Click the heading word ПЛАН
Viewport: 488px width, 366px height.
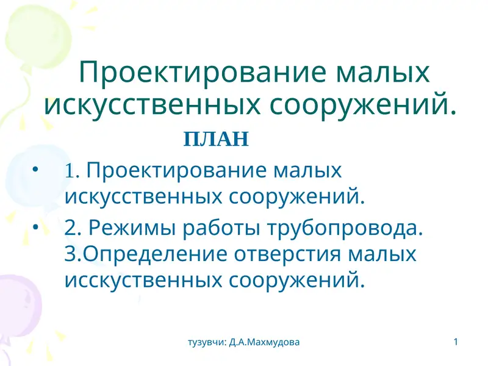click(x=216, y=140)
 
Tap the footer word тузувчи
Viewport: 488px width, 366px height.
click(x=207, y=342)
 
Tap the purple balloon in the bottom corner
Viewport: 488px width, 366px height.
click(x=15, y=305)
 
